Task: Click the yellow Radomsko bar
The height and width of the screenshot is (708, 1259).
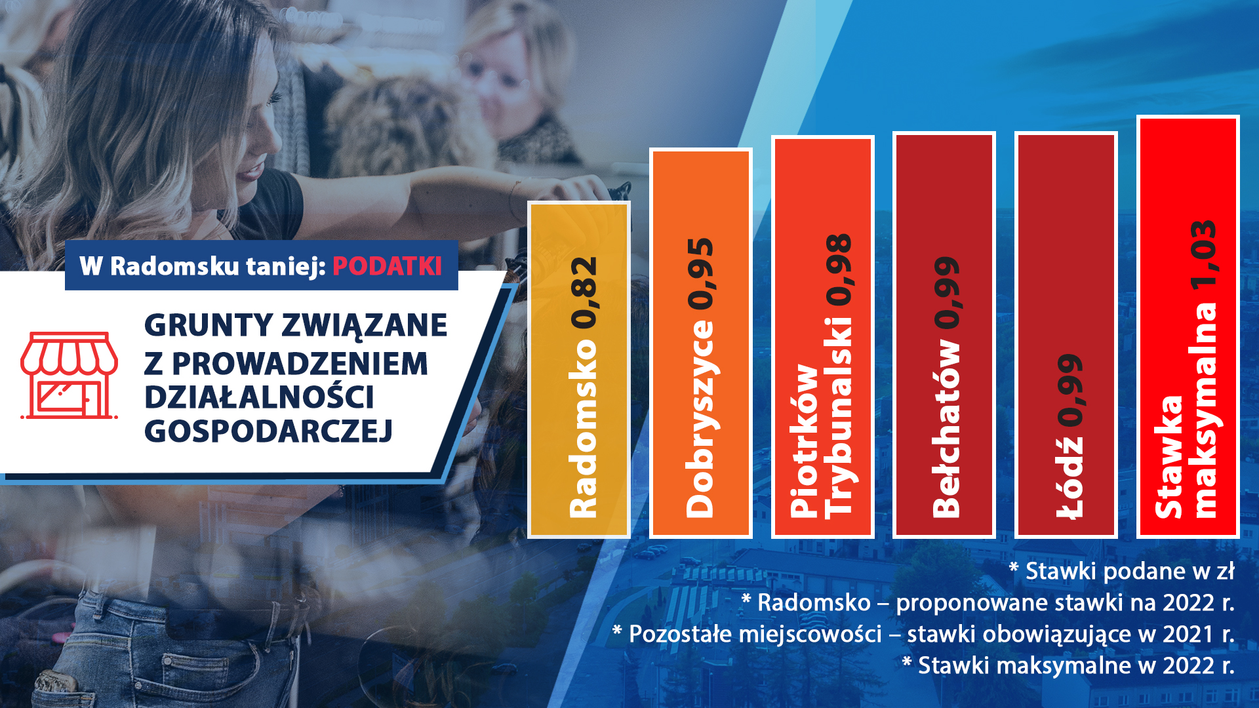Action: point(579,370)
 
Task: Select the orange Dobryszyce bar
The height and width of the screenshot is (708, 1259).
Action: point(700,343)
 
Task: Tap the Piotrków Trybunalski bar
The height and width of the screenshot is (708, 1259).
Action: point(823,336)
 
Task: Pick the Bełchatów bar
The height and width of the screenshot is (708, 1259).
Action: point(944,334)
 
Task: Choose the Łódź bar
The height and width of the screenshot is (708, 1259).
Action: point(1066,334)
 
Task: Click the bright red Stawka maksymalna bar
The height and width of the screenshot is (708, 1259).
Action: point(1188,326)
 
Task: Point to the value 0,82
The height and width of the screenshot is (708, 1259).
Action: point(583,292)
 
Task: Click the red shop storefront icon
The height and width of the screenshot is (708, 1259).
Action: point(69,375)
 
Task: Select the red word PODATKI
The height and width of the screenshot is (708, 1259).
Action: point(387,266)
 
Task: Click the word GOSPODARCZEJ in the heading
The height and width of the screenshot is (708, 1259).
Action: point(268,431)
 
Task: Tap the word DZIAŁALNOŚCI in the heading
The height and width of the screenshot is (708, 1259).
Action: point(259,397)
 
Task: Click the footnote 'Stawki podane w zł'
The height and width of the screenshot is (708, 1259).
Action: point(1121,571)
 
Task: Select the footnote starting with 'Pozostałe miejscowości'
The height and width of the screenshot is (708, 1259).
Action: point(923,634)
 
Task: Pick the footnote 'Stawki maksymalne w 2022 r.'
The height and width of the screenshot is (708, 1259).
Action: point(1068,665)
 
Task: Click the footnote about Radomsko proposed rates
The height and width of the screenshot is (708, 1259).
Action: point(988,602)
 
